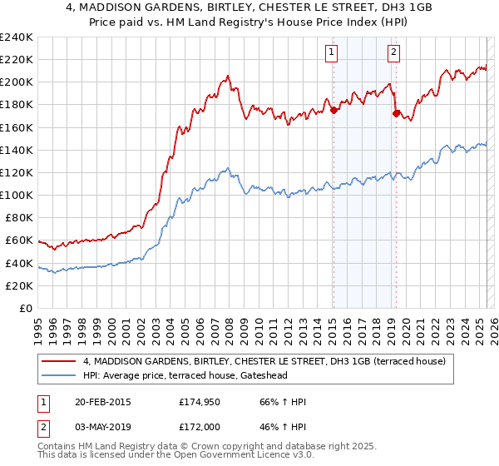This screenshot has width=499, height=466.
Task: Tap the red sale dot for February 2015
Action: click(x=333, y=109)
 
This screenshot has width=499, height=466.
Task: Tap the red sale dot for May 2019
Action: click(x=396, y=112)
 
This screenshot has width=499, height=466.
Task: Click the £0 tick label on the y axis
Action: click(x=25, y=308)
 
